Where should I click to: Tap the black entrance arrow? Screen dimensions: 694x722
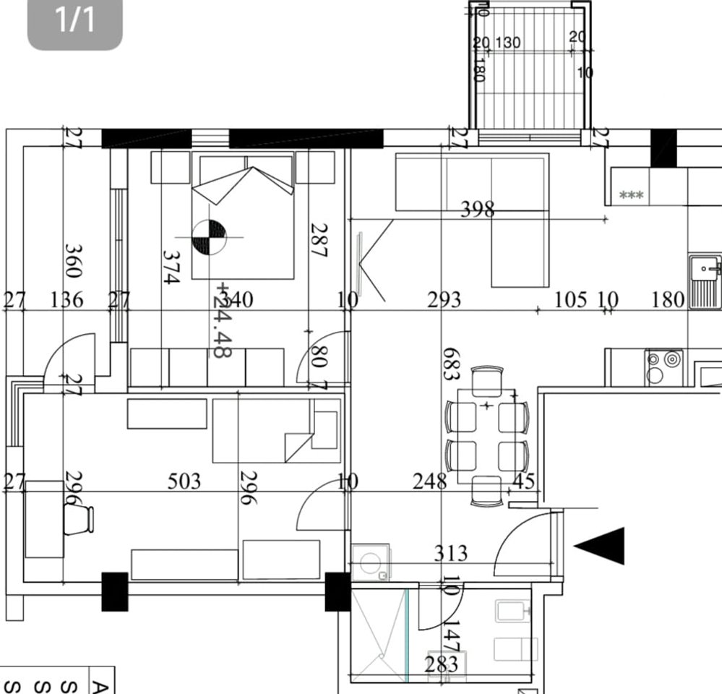[601, 546]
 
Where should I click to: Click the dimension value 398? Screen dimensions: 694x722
[478, 210]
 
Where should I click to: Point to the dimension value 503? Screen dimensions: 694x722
[184, 481]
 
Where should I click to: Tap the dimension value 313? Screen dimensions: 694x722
[451, 554]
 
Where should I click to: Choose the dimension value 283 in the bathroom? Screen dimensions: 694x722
[441, 664]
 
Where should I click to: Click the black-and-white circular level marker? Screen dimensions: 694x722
[210, 237]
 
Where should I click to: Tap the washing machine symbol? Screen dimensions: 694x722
[371, 563]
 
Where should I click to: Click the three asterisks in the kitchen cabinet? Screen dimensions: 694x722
[632, 195]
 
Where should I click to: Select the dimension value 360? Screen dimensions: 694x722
[73, 260]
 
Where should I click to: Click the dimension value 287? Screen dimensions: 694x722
[319, 240]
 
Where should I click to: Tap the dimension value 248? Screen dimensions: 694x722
[429, 481]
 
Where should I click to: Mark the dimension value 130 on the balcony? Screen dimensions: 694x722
[508, 43]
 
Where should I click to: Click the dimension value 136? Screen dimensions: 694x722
[67, 299]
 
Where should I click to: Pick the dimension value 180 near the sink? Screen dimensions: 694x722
[668, 299]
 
